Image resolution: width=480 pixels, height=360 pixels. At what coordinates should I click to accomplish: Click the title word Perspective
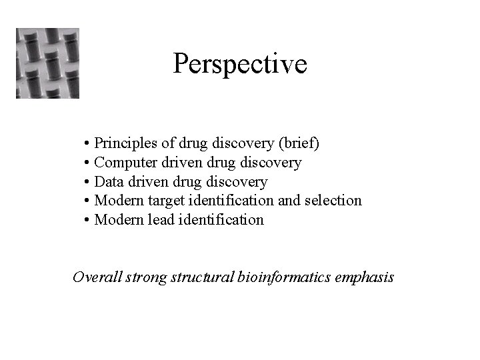240,64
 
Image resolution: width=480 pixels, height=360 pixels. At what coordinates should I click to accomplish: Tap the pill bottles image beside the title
47,63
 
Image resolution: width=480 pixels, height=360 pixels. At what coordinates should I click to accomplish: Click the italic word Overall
97,277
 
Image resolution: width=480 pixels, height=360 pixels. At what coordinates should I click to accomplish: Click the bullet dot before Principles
88,144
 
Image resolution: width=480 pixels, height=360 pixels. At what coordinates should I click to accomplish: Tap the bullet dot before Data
88,183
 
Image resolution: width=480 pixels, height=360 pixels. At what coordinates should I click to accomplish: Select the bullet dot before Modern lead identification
88,221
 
